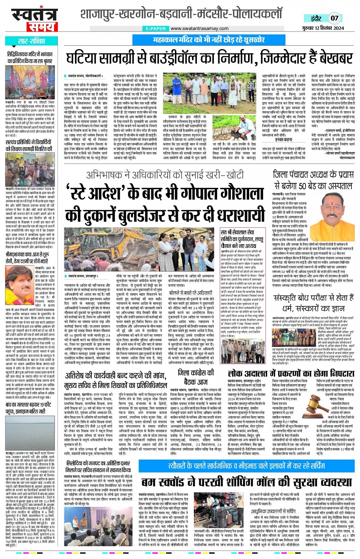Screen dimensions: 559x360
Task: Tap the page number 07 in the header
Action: click(x=334, y=18)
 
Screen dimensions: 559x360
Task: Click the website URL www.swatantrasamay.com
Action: click(x=199, y=29)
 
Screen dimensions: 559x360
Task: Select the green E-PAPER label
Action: click(x=156, y=29)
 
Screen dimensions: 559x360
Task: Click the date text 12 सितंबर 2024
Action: click(x=329, y=28)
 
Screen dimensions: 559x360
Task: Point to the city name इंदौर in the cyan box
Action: click(x=316, y=18)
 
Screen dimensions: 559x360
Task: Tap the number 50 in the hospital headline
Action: click(x=302, y=186)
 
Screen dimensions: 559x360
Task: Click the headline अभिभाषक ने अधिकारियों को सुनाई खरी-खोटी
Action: click(x=165, y=175)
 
